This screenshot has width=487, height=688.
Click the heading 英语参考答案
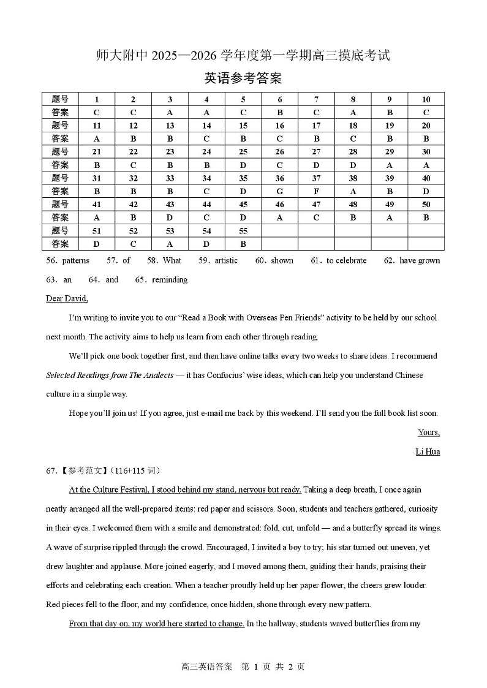[x=243, y=78]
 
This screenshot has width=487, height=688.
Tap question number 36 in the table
[x=279, y=178]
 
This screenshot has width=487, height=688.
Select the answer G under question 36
[x=279, y=191]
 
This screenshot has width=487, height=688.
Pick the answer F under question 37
[x=316, y=191]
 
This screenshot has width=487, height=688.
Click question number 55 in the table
[x=243, y=231]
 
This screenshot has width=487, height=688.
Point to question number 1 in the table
[x=96, y=99]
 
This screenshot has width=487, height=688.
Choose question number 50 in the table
[x=426, y=205]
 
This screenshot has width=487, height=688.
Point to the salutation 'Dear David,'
[x=67, y=298]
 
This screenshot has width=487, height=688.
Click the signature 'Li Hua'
[x=428, y=452]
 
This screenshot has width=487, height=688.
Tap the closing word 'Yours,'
[x=429, y=433]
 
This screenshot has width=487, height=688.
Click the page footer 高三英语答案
[x=207, y=667]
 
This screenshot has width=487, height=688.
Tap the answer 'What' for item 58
[x=172, y=260]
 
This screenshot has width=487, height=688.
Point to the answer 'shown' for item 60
[x=282, y=260]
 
